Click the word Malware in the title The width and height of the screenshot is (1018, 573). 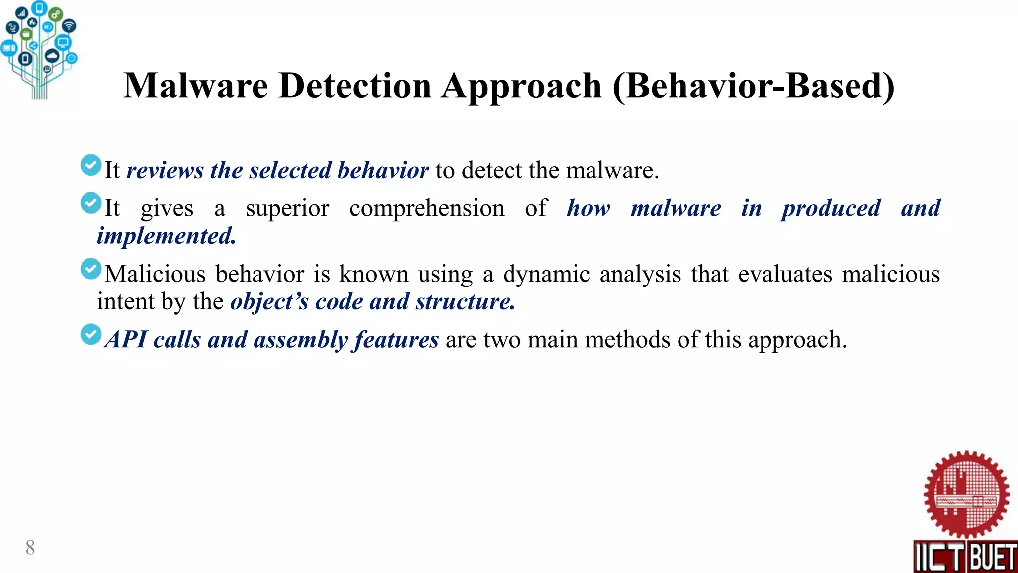196,86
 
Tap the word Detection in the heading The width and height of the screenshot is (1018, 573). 355,86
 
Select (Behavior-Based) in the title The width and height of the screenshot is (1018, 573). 754,87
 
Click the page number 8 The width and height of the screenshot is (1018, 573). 30,548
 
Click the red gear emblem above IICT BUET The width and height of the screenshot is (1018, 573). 966,495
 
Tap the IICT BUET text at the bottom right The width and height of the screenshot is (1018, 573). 965,557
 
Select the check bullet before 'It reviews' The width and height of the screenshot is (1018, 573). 91,165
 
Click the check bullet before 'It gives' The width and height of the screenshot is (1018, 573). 91,203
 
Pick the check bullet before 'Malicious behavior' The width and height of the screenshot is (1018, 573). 91,269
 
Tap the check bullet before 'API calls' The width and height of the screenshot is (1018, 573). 91,335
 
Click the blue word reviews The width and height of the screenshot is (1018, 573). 165,171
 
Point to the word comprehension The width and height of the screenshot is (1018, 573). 426,208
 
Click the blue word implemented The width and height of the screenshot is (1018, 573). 166,236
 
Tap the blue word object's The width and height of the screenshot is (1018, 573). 269,302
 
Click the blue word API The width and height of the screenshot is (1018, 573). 126,340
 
